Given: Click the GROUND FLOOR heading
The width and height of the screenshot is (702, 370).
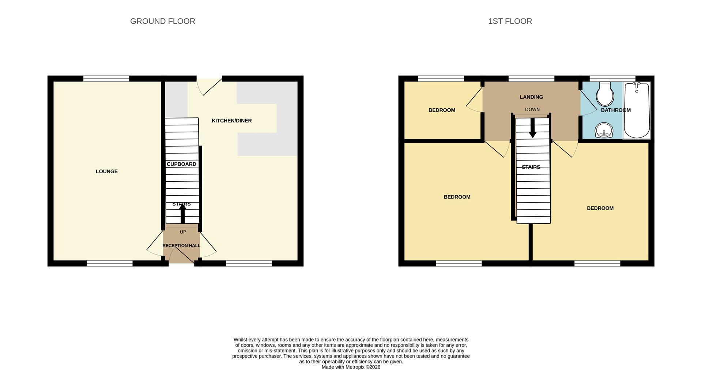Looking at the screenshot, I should pos(162,21).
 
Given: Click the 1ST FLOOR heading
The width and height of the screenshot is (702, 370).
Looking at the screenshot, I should pos(510,21).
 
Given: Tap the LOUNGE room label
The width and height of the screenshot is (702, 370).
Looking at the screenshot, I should pos(106,171).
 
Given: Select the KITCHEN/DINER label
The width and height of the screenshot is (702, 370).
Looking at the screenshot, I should pos(231,121).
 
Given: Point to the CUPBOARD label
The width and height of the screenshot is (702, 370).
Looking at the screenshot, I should pos(181,164).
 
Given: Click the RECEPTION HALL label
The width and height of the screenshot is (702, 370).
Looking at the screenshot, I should pos(181,246).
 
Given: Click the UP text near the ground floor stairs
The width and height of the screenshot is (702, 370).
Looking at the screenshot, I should pos(183,232).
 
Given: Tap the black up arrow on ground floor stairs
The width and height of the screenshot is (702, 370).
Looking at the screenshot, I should pos(182,214).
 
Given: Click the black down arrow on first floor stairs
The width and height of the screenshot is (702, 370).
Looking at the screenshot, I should pos(532,128).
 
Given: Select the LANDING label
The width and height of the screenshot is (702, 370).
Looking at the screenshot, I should pos(531,97).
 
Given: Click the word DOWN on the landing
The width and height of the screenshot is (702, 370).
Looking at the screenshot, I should pos(532,110).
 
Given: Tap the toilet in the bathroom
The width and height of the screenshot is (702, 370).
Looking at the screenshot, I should pos(605,94).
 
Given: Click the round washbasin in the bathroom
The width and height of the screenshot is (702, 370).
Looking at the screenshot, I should pos(604,131).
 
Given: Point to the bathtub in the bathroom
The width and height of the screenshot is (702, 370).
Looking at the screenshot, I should pos(637,111).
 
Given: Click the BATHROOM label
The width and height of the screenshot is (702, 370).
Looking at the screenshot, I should pos(616,110).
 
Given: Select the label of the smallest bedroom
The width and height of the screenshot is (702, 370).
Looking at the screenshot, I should pos(442,110).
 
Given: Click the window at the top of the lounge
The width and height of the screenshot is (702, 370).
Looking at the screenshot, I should pos(106,79).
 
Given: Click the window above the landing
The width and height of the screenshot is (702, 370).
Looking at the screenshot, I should pos(531,79).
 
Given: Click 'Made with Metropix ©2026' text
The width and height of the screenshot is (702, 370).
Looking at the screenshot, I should pos(351,367).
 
